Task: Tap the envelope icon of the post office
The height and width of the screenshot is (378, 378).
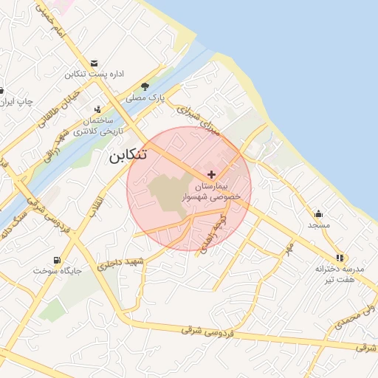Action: click(x=93, y=63)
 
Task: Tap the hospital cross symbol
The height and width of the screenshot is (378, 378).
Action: click(x=212, y=174)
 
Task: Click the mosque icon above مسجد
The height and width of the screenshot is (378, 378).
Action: click(x=318, y=213)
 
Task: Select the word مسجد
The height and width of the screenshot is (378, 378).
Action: click(x=318, y=224)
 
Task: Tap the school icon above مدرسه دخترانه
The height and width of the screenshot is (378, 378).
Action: click(x=340, y=258)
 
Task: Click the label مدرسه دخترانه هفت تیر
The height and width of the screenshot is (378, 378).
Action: click(x=335, y=274)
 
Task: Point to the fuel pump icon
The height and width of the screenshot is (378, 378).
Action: click(x=57, y=260)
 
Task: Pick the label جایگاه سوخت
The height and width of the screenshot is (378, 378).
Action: click(x=52, y=271)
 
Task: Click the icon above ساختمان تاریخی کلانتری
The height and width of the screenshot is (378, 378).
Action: click(x=97, y=109)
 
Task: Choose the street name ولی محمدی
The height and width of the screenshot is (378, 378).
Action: click(x=348, y=318)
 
